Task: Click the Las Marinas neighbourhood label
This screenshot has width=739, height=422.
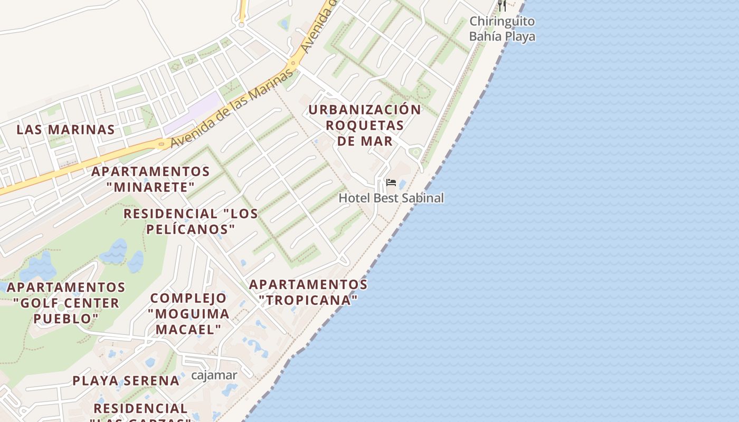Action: [x=65, y=129]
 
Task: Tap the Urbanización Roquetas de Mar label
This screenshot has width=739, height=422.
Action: [x=365, y=125]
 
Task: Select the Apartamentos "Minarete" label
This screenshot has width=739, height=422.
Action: [x=150, y=179]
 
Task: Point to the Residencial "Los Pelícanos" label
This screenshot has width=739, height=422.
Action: [x=191, y=221]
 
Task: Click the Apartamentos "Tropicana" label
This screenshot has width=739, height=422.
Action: [x=308, y=292]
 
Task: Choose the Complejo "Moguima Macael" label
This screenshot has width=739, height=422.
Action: [x=188, y=313]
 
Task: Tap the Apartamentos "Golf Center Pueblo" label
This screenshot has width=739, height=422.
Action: [x=66, y=303]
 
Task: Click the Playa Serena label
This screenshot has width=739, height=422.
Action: [x=126, y=380]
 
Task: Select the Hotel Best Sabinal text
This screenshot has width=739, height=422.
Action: [x=391, y=198]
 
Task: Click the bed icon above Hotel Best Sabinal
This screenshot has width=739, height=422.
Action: [x=391, y=183]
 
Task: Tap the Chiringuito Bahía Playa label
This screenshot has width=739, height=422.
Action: [x=502, y=28]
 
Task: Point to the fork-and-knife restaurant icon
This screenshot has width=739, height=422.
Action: [x=502, y=5]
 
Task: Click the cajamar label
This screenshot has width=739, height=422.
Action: [x=214, y=375]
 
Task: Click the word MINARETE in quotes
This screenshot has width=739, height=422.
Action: [x=150, y=187]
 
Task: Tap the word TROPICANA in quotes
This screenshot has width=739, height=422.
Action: [x=309, y=300]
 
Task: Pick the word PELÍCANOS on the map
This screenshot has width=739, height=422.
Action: [x=191, y=229]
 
